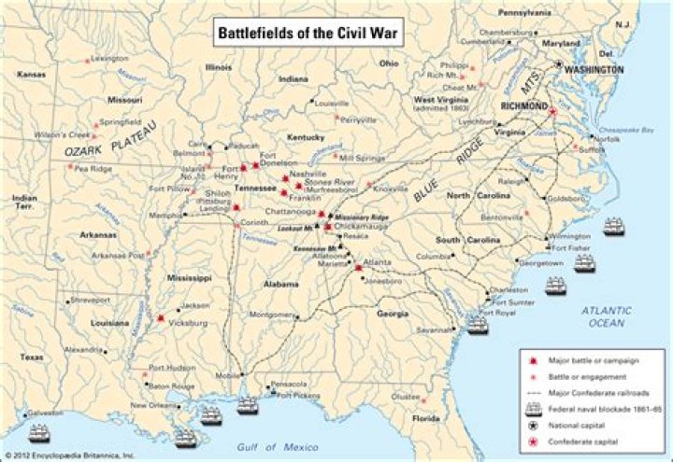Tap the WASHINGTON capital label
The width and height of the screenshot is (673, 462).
coord(594,70)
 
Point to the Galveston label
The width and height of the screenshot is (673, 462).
coord(45,412)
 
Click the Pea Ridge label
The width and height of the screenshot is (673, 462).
coord(93,169)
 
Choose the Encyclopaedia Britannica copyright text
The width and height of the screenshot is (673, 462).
coord(69,455)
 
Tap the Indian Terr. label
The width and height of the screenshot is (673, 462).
coord(25,203)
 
